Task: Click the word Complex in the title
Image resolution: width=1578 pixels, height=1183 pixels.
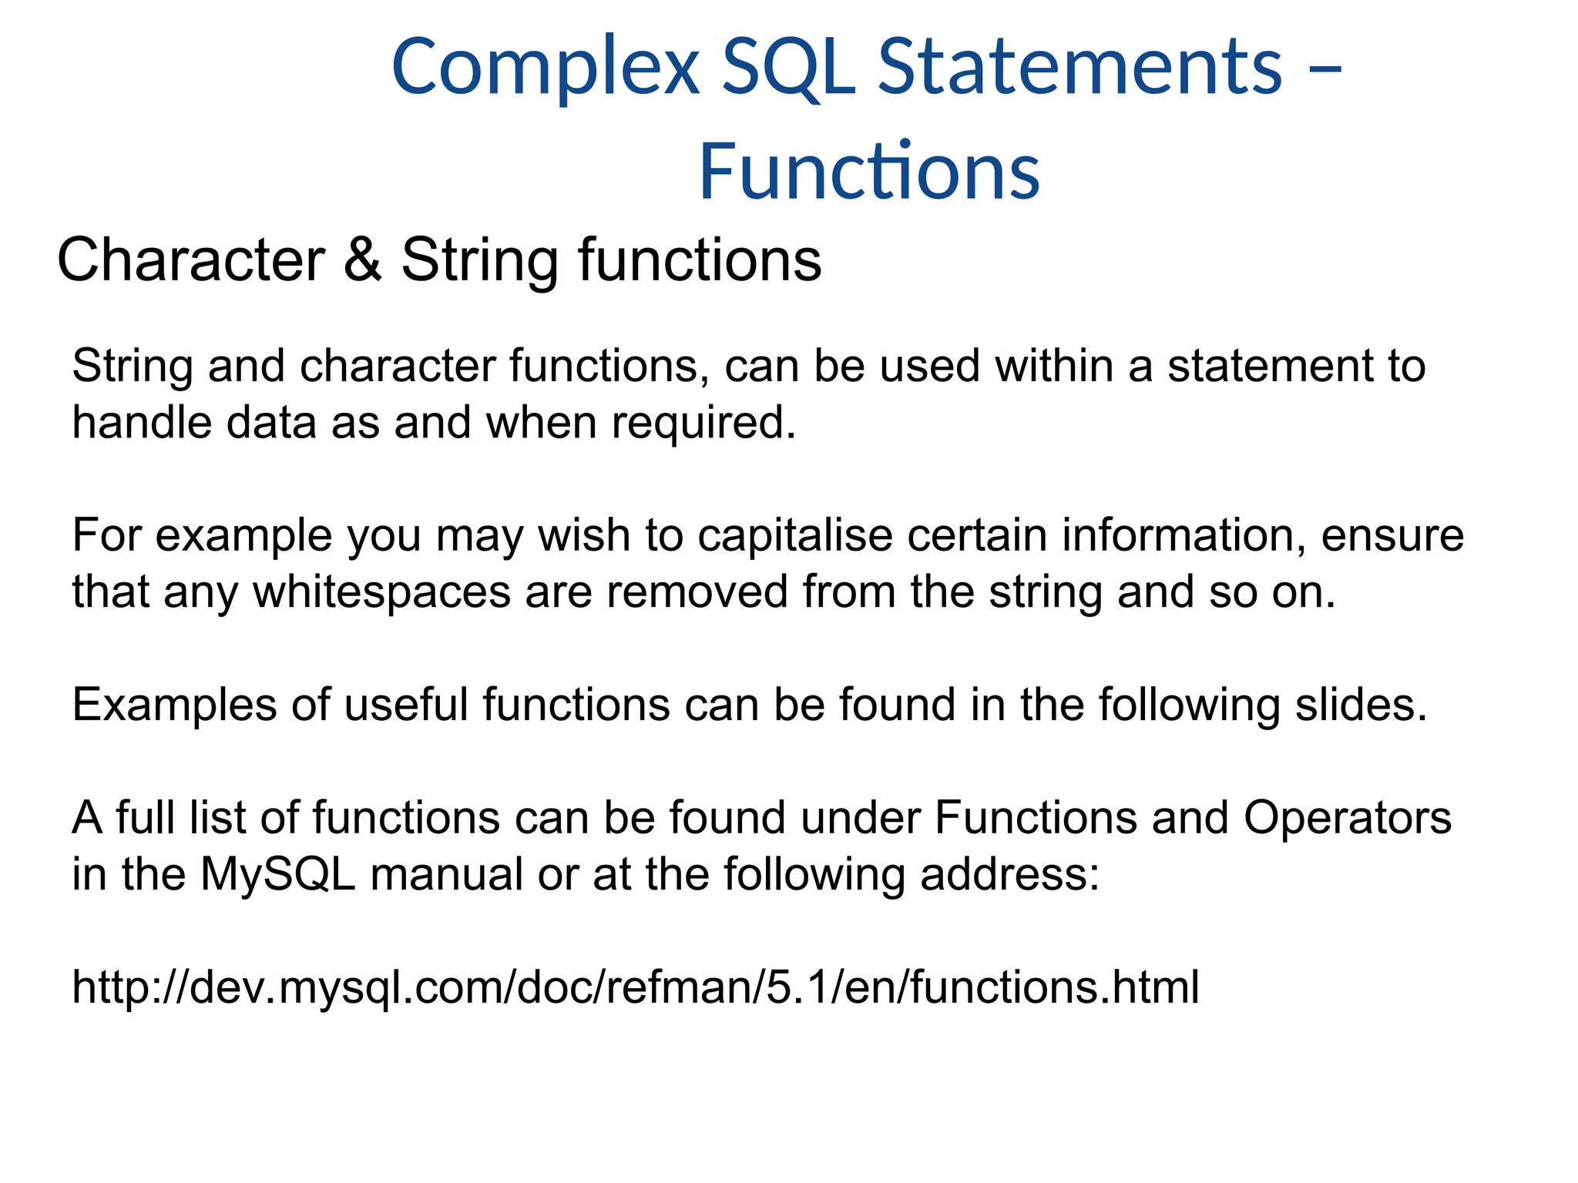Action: pos(546,68)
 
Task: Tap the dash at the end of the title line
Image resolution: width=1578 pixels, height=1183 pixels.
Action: pos(1325,69)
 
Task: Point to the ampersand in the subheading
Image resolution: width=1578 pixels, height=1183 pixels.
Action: pos(362,260)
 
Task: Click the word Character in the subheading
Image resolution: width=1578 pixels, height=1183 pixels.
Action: pos(191,260)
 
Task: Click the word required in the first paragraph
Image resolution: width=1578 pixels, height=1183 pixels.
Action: pos(703,424)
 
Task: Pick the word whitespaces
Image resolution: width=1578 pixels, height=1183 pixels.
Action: pos(382,591)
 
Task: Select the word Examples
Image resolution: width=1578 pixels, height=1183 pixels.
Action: pos(173,705)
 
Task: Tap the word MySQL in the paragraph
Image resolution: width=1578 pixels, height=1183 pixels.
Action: pos(278,875)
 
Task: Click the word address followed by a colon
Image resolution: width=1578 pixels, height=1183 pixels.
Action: pos(1009,875)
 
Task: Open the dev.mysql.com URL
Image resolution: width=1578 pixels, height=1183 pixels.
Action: pos(635,987)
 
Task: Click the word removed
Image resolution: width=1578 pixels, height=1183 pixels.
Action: pos(697,591)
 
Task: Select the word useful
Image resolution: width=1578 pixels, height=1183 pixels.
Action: pos(405,705)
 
